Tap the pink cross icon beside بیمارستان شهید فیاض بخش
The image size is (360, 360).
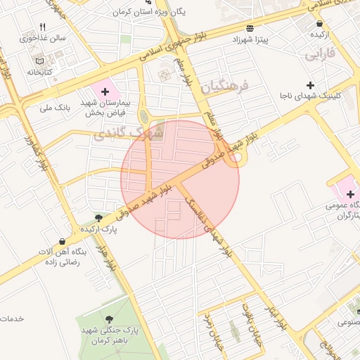click(105, 91)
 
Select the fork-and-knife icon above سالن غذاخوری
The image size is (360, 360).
click(42, 27)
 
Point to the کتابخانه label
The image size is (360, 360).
click(40, 72)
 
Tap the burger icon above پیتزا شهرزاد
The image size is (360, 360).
click(250, 28)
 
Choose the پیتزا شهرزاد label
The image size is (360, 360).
click(251, 39)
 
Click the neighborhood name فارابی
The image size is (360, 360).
click(320, 53)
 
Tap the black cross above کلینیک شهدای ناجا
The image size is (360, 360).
click(310, 84)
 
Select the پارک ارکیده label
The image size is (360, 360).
click(97, 229)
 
